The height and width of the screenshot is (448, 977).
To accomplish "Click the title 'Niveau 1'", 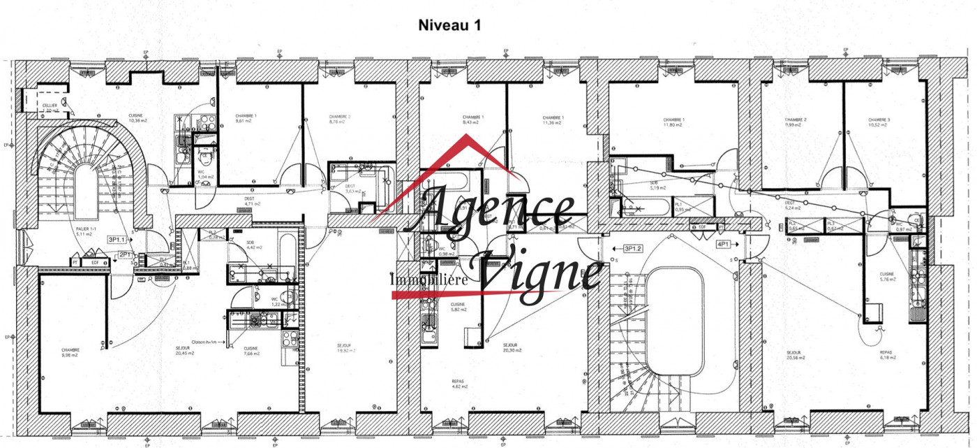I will click(x=449, y=26).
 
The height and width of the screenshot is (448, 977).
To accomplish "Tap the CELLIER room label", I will click(x=50, y=107).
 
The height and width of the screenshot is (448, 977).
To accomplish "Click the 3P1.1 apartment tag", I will click(x=117, y=240).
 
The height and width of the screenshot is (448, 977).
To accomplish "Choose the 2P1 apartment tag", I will click(x=126, y=254).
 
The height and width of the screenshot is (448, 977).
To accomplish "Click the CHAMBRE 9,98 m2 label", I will click(x=70, y=353).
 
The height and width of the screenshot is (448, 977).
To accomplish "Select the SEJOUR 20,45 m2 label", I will click(x=183, y=350).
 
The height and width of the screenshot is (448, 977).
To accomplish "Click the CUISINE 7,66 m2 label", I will click(x=251, y=351).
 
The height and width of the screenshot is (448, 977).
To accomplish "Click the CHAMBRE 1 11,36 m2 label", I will click(x=552, y=120).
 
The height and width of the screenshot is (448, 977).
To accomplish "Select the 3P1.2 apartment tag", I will click(x=632, y=248).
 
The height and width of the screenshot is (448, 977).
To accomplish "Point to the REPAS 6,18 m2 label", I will click(x=886, y=355).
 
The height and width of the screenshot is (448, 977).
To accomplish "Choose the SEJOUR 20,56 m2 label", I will click(x=795, y=355).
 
